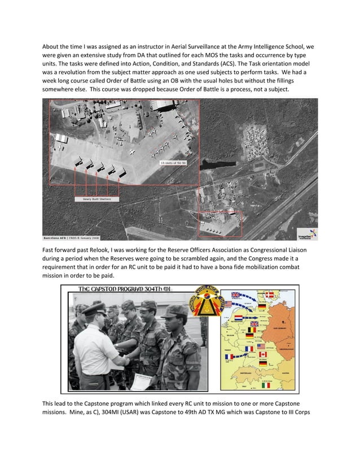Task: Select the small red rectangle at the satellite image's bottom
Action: pos(220,224)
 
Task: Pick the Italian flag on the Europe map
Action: pos(265,385)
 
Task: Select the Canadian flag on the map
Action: pos(261,355)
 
